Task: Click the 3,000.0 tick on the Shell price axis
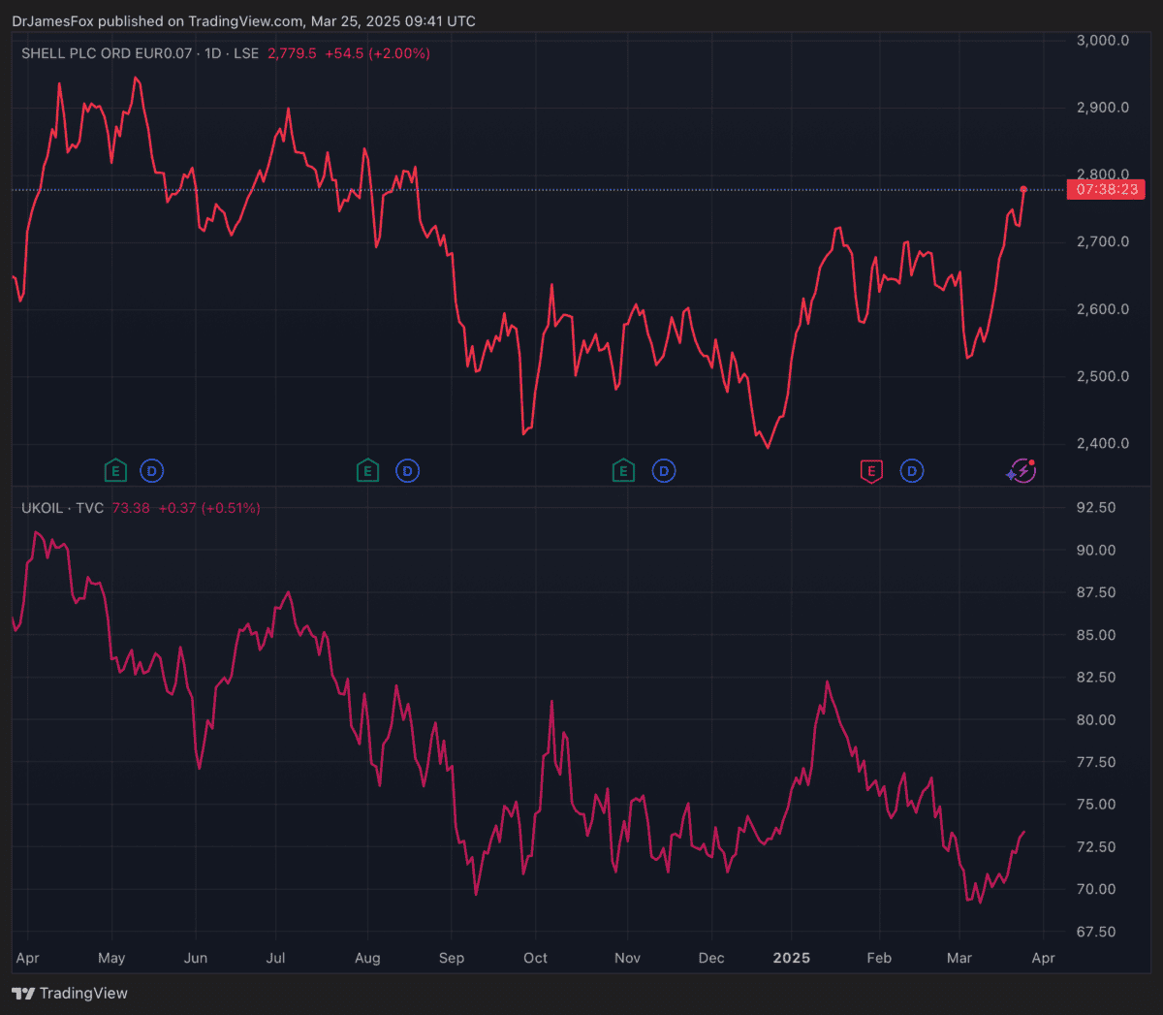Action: coord(1103,41)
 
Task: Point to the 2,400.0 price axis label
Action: coord(1103,444)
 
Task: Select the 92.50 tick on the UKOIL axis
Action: coord(1095,508)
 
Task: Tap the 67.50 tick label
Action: coord(1095,932)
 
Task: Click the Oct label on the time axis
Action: coord(535,958)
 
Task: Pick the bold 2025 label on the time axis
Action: coord(791,958)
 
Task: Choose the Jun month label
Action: coord(196,958)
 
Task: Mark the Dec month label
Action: coord(711,958)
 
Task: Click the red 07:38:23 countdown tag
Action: coord(1106,190)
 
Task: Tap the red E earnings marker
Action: coord(871,472)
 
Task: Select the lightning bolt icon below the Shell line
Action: coord(1022,472)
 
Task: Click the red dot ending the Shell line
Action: coord(1023,189)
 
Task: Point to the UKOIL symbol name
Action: coord(42,508)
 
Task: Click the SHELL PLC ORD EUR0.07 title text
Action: coord(107,53)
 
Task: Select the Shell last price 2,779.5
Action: coord(292,53)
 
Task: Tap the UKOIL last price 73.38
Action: coord(131,508)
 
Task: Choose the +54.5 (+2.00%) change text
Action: coord(377,53)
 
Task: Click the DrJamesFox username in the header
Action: coord(52,21)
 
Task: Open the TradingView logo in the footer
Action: coord(70,994)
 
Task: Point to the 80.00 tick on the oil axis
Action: coord(1095,720)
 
